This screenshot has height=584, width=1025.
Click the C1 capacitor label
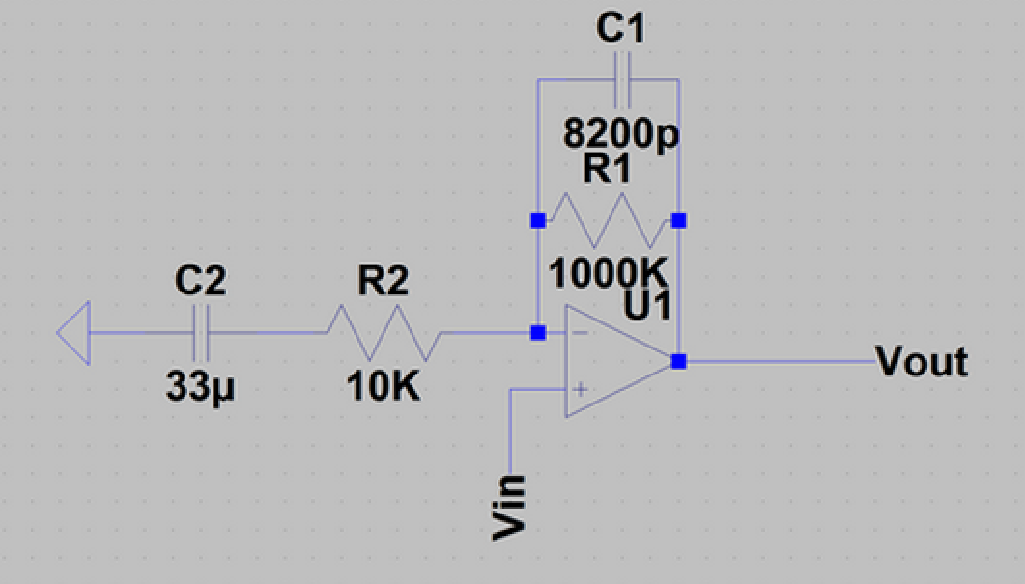(x=619, y=28)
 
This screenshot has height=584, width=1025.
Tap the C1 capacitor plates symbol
(x=620, y=81)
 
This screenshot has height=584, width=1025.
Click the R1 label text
(x=607, y=170)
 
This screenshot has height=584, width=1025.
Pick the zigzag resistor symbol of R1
(x=608, y=221)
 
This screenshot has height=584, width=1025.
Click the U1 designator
(x=648, y=309)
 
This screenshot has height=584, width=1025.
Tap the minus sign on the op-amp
(x=581, y=333)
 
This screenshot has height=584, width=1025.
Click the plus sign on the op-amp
(x=581, y=389)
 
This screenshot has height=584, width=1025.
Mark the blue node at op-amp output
(x=679, y=361)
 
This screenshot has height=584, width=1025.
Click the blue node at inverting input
(x=538, y=333)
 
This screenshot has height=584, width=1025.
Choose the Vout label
(x=922, y=363)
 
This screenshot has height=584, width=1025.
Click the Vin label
(x=509, y=506)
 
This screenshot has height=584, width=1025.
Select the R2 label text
(x=383, y=281)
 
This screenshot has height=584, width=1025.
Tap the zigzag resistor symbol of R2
(x=384, y=334)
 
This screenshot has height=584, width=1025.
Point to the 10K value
(x=383, y=388)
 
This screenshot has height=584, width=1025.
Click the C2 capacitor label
(x=200, y=281)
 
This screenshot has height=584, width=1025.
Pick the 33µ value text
(x=201, y=388)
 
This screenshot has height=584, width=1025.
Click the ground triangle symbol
(x=74, y=334)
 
